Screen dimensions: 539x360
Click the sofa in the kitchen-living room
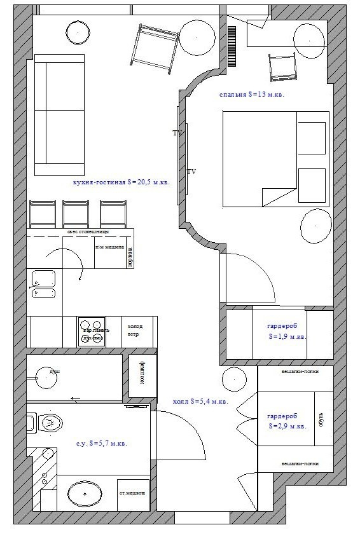coord(59,114)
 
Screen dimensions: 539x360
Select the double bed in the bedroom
coord(275,159)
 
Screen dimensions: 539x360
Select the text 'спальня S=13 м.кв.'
coord(251,94)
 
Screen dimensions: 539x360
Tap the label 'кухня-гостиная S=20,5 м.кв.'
coord(121,182)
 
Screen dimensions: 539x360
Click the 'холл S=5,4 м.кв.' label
coord(200,402)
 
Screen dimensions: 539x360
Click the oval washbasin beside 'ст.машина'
coord(84,493)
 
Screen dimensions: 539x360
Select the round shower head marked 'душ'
coord(46,377)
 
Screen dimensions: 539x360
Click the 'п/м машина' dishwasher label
coord(109,247)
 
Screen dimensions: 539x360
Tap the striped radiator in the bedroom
coord(232,46)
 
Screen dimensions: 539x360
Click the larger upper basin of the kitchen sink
coord(43,277)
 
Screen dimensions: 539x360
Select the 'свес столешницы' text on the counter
coord(87,231)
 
